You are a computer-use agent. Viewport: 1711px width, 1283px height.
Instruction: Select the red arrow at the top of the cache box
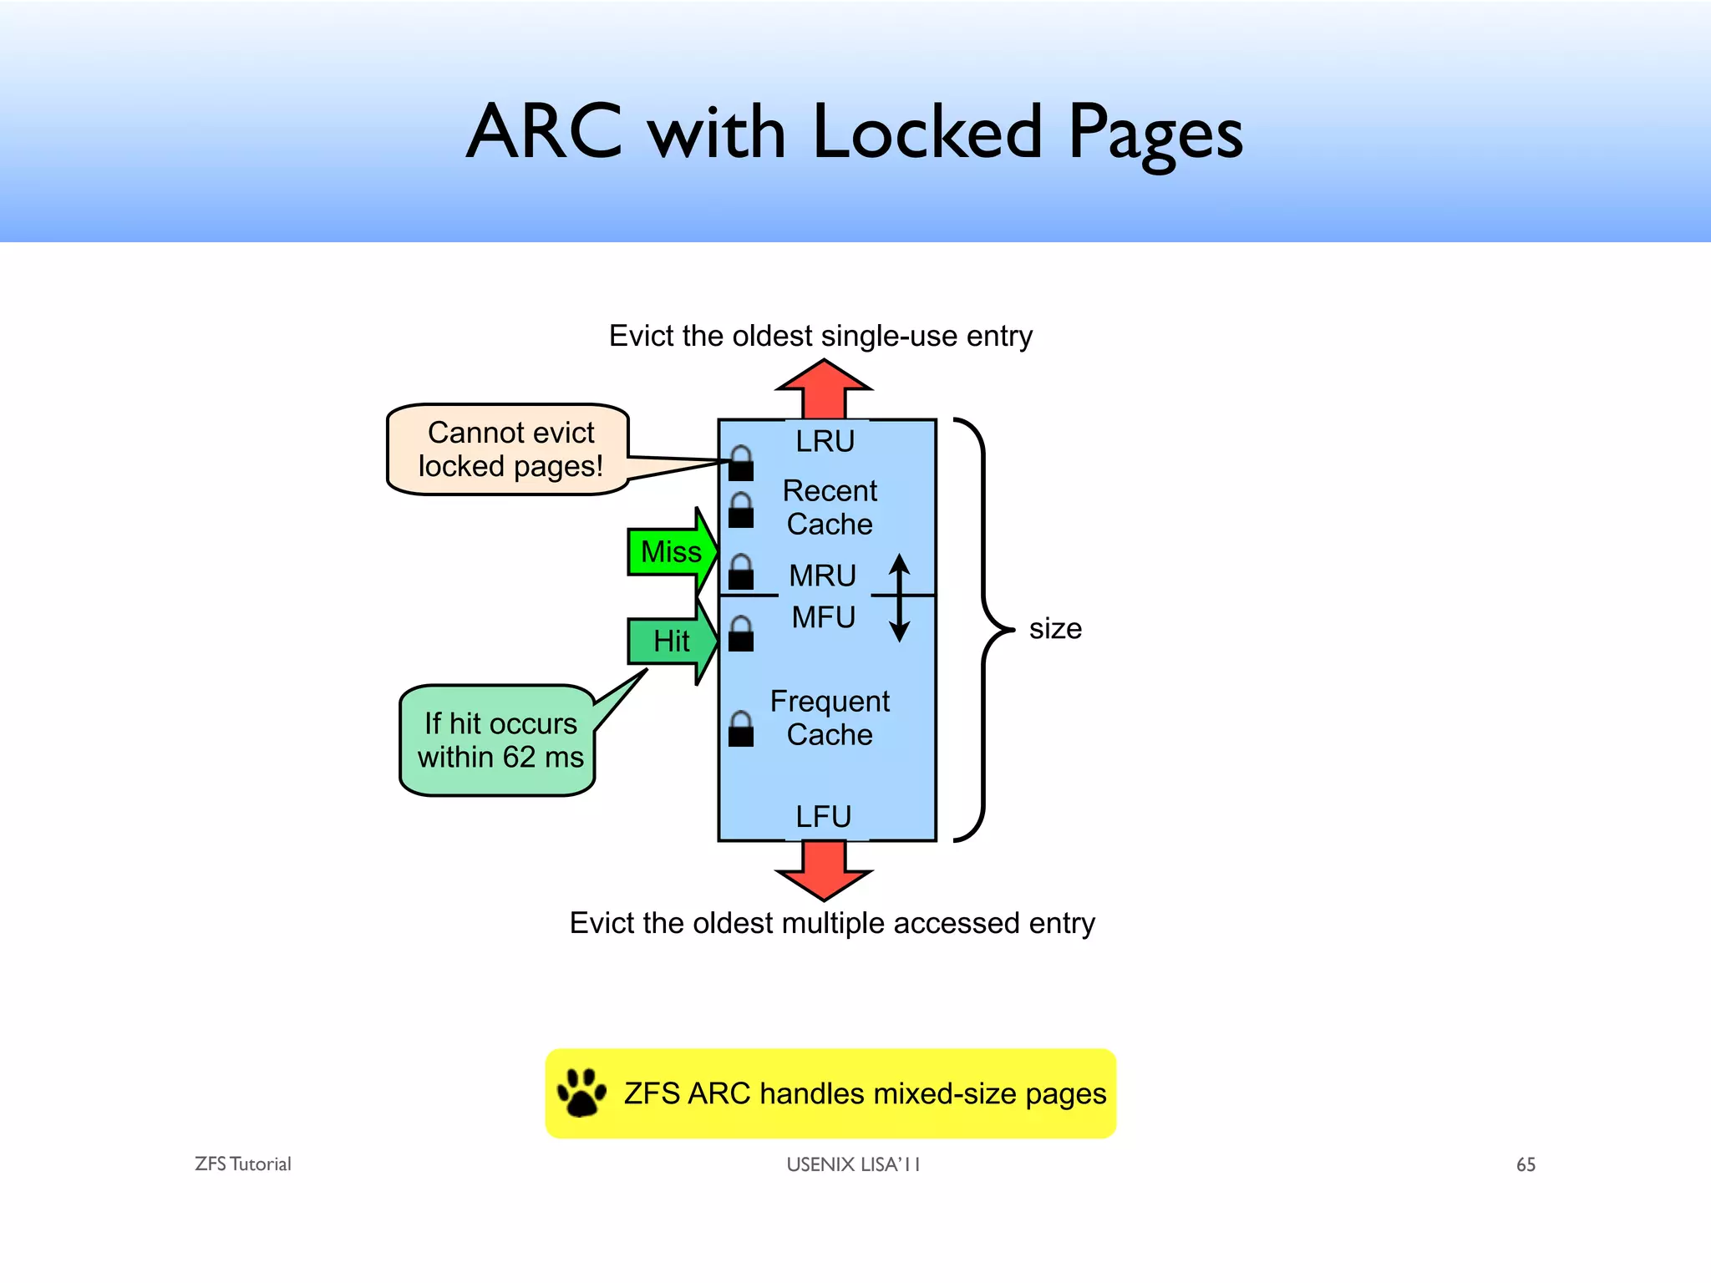824,390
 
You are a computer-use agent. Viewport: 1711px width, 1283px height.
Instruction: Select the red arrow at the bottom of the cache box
824,870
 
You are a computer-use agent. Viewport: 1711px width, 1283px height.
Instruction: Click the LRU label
825,441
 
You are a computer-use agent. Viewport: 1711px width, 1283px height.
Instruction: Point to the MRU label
823,576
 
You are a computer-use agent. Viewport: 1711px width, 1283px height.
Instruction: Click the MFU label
824,617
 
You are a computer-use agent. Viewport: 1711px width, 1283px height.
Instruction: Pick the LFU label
823,816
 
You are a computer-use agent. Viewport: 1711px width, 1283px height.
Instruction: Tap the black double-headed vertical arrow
899,597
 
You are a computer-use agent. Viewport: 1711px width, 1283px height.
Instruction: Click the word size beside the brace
1055,628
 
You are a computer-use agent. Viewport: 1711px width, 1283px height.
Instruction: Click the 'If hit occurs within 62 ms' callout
499,740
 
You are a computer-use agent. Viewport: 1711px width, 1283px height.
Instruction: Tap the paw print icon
581,1092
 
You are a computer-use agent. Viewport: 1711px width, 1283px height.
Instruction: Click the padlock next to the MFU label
741,634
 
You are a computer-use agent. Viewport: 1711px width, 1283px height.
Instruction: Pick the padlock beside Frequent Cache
741,729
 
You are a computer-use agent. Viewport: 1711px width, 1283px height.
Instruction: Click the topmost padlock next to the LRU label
741,464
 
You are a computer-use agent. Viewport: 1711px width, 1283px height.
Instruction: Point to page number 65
1526,1164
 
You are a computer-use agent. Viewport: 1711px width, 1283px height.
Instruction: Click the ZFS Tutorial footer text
242,1164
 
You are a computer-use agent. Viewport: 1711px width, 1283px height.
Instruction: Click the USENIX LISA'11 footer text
853,1164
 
